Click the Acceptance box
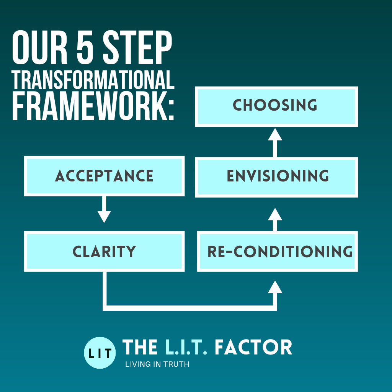click(104, 176)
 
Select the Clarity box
click(104, 252)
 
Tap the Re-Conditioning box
click(278, 252)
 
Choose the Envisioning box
click(277, 176)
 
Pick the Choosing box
click(277, 106)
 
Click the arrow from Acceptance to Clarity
click(104, 210)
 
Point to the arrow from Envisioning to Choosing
click(275, 143)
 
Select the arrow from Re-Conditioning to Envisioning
click(275, 219)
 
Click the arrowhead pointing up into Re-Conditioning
click(275, 287)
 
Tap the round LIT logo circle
click(100, 353)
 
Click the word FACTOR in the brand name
click(253, 348)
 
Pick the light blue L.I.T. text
click(186, 348)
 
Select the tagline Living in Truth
click(157, 364)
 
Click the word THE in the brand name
click(140, 348)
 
